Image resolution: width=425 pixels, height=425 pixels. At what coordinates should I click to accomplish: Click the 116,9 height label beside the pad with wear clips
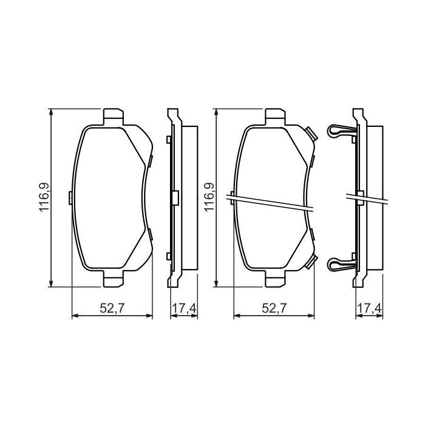coord(209,197)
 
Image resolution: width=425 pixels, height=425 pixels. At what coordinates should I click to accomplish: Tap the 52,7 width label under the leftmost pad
coord(112,308)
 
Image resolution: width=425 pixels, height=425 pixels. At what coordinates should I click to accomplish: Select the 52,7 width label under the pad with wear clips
coord(274,308)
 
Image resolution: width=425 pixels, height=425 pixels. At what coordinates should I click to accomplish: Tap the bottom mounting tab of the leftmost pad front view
coord(112,279)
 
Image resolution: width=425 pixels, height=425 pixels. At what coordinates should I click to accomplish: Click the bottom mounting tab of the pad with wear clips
coord(274,279)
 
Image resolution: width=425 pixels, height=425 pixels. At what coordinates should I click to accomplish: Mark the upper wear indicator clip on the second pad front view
coord(310,133)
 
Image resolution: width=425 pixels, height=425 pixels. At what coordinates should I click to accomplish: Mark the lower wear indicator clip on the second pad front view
coord(310,262)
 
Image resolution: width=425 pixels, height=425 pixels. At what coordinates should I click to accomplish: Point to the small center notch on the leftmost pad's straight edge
coord(72,197)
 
